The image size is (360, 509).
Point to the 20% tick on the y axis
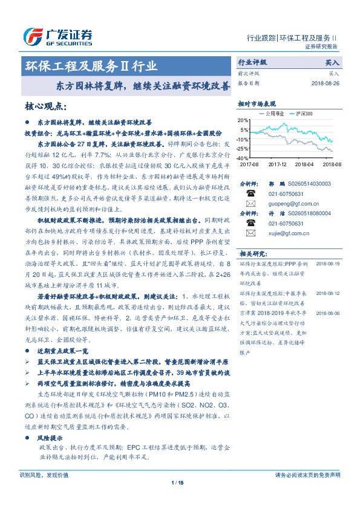244,120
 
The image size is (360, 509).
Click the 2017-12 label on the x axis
277,164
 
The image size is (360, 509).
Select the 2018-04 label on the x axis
306,164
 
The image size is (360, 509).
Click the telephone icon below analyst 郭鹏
251,193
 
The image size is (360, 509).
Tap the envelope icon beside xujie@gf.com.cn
251,232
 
